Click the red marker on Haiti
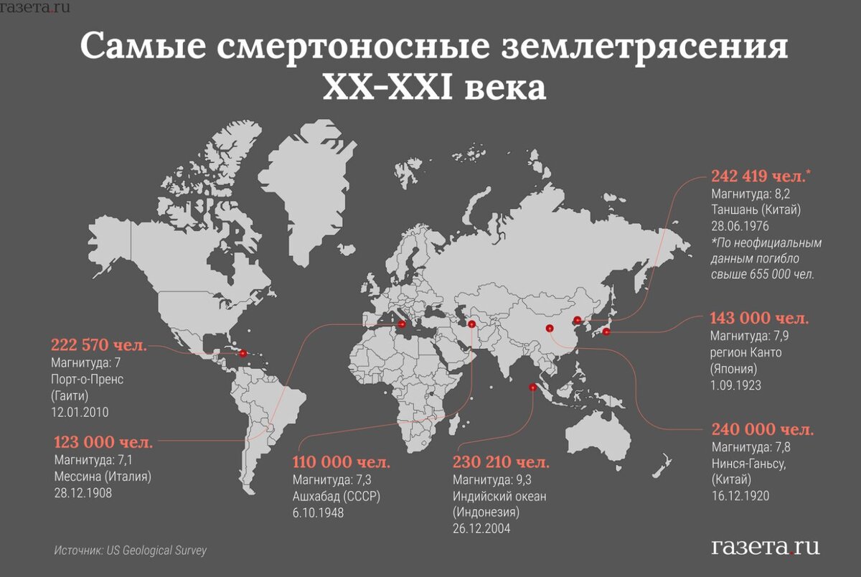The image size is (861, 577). [243, 353]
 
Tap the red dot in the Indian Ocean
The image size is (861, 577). [532, 388]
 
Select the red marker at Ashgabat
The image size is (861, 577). [471, 324]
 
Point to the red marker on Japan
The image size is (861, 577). [606, 332]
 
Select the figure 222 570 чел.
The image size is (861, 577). [98, 345]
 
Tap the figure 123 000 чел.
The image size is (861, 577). [102, 441]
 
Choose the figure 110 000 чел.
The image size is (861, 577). [341, 461]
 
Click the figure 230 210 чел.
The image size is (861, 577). [501, 461]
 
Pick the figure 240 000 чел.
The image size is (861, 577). [763, 430]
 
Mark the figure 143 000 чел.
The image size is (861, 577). [759, 318]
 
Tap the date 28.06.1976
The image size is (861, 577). [740, 226]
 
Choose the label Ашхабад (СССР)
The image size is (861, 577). [335, 496]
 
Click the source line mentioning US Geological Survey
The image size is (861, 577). [130, 550]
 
